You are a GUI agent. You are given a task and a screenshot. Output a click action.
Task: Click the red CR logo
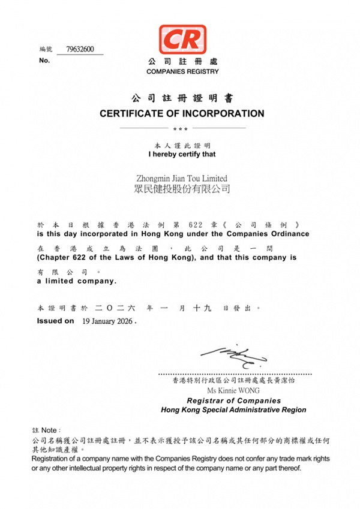[x=182, y=40]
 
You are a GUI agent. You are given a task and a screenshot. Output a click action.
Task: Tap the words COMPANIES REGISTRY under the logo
[x=182, y=71]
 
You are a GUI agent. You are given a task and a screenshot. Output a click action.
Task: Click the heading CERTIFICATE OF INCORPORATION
[x=182, y=113]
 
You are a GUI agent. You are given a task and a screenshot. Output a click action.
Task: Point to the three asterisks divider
[x=180, y=129]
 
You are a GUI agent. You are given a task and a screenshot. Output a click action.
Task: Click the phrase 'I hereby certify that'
[x=182, y=154]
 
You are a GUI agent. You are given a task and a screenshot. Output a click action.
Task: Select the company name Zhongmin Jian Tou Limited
[x=182, y=178]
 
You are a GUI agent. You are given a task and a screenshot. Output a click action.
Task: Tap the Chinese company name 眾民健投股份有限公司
[x=182, y=189]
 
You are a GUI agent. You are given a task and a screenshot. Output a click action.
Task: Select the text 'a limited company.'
[x=77, y=281]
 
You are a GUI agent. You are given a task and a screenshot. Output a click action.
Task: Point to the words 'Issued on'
[x=56, y=321]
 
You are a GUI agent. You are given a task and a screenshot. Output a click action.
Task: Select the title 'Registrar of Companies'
[x=233, y=400]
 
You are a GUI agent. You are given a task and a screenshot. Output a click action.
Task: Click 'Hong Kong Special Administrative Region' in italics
[x=233, y=410]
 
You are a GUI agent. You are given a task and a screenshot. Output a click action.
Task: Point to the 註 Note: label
[x=46, y=430]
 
